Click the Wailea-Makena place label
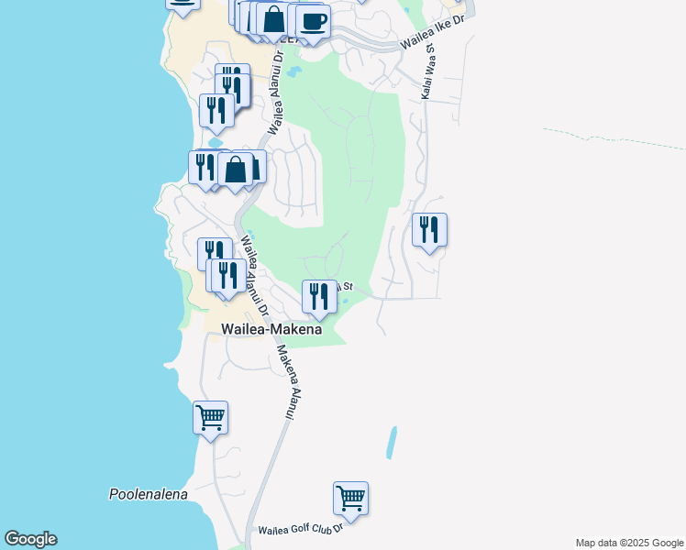pos(271,329)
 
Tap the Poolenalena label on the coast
pos(148,494)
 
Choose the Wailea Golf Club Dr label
pos(300,529)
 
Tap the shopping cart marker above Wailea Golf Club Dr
pos(350,500)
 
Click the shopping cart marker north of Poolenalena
pos(211,419)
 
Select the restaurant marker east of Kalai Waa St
pos(429,230)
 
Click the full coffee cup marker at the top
pos(313,20)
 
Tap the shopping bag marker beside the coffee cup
pos(273,19)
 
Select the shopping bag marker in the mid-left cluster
pos(236,170)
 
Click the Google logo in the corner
pos(30,539)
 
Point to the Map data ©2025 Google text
pos(629,543)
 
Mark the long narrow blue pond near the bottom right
pos(393,443)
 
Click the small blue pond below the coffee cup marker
pos(293,71)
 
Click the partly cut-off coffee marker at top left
pos(183,3)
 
